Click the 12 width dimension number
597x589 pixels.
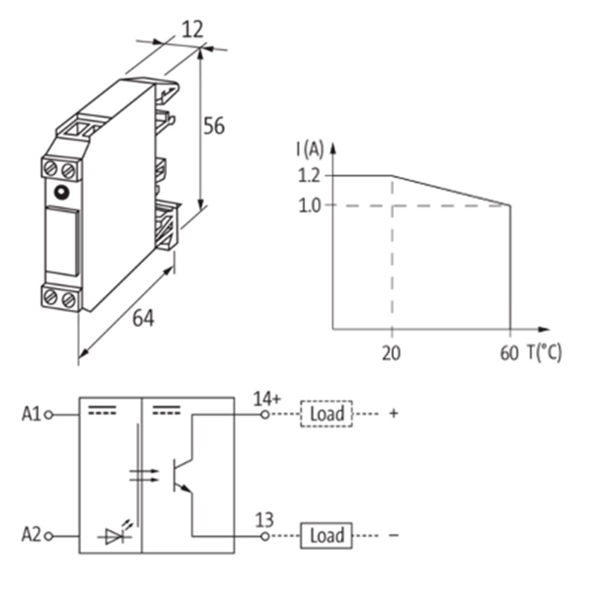pyautogui.click(x=193, y=29)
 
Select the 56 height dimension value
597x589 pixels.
pyautogui.click(x=214, y=125)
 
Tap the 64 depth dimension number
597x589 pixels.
pyautogui.click(x=143, y=318)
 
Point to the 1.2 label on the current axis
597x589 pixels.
pyautogui.click(x=309, y=175)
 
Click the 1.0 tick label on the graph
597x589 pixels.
pyautogui.click(x=309, y=206)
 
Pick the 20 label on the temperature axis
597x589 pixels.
pyautogui.click(x=391, y=353)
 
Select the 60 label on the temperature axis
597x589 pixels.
pyautogui.click(x=509, y=353)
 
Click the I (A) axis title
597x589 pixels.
pyautogui.click(x=310, y=149)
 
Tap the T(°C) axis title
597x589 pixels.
pyautogui.click(x=545, y=352)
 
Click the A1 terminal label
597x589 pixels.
pyautogui.click(x=31, y=414)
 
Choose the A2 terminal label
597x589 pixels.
pyautogui.click(x=31, y=535)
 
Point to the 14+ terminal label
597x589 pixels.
pyautogui.click(x=267, y=399)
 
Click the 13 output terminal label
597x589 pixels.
pyautogui.click(x=264, y=520)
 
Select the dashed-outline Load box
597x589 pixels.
pyautogui.click(x=327, y=414)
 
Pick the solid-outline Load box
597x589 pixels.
pyautogui.click(x=326, y=535)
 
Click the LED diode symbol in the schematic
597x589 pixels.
pyautogui.click(x=115, y=533)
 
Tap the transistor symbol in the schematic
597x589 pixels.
pyautogui.click(x=183, y=476)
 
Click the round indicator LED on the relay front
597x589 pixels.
pyautogui.click(x=62, y=192)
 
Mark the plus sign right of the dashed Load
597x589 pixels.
pyautogui.click(x=394, y=413)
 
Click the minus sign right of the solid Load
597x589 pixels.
pyautogui.click(x=394, y=535)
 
